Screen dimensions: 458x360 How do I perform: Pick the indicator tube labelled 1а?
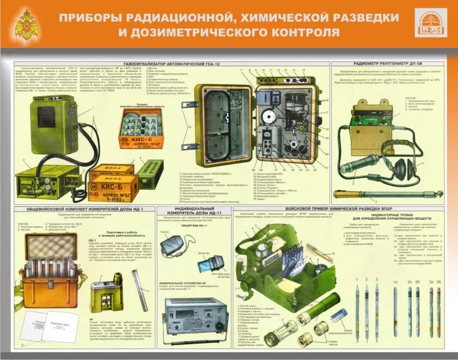(396, 310)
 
